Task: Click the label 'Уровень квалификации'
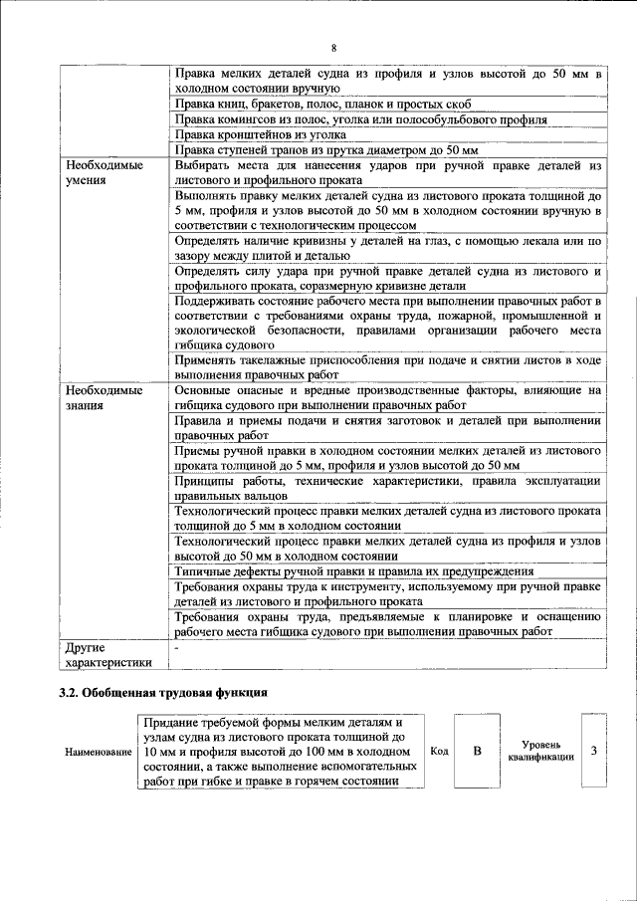[x=539, y=751]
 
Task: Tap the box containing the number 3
[x=593, y=751]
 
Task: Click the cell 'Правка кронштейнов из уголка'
[x=261, y=134]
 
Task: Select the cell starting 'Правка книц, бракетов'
[x=328, y=105]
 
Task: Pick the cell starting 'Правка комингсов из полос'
[x=360, y=119]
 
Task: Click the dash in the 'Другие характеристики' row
[x=176, y=647]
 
